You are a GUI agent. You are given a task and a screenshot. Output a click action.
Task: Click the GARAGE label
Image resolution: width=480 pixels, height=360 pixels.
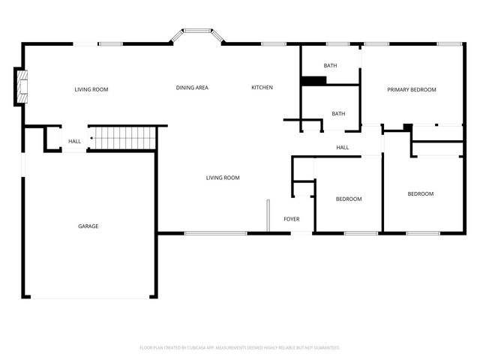pyautogui.click(x=88, y=226)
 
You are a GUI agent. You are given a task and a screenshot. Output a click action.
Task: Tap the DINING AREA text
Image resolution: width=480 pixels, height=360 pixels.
pyautogui.click(x=192, y=88)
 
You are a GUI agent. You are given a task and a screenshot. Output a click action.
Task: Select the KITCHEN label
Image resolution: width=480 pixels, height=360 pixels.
pyautogui.click(x=262, y=88)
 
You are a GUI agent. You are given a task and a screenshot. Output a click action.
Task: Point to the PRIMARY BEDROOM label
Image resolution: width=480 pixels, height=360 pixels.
pyautogui.click(x=411, y=90)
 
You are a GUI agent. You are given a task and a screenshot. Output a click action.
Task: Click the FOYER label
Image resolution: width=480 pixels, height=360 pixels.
pyautogui.click(x=291, y=219)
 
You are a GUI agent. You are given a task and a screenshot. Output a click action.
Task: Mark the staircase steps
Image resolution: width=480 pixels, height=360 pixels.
pyautogui.click(x=124, y=139)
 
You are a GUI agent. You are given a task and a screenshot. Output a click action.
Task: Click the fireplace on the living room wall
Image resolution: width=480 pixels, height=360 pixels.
pyautogui.click(x=22, y=86)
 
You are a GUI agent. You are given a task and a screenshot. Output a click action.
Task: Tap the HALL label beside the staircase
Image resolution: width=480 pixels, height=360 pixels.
pyautogui.click(x=74, y=141)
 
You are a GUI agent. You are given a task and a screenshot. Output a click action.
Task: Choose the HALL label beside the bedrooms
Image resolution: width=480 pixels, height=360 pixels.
pyautogui.click(x=342, y=147)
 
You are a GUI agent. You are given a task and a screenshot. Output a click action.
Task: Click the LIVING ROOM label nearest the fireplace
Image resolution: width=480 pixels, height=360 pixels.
pyautogui.click(x=91, y=90)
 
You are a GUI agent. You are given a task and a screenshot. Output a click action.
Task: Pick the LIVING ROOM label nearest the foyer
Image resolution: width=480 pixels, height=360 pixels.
pyautogui.click(x=223, y=178)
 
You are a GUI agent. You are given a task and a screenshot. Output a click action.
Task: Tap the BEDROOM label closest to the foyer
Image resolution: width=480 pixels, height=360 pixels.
pyautogui.click(x=349, y=199)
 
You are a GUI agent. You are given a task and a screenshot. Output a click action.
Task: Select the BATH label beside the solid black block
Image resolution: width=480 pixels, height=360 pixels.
pyautogui.click(x=330, y=65)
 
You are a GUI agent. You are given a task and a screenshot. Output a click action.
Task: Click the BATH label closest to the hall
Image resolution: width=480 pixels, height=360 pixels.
pyautogui.click(x=338, y=114)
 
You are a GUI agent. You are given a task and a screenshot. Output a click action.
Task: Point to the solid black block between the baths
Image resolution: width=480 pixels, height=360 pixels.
pyautogui.click(x=309, y=81)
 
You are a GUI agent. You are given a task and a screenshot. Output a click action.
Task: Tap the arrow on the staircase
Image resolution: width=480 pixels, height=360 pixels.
pyautogui.click(x=92, y=139)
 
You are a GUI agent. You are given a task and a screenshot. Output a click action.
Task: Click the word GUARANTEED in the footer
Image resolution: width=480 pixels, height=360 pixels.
pyautogui.click(x=324, y=348)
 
